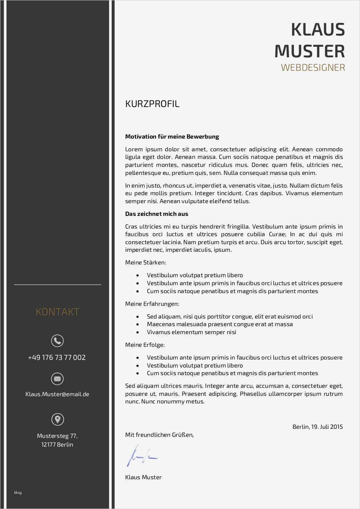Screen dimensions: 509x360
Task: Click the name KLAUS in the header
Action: pos(318,30)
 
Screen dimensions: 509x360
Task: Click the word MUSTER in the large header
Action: pos(310,51)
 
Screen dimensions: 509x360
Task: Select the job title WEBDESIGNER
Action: pos(313,67)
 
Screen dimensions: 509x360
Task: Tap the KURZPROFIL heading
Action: pos(152,104)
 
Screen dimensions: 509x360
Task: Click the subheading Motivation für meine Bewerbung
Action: pos(172,137)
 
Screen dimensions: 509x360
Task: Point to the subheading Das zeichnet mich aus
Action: pos(156,214)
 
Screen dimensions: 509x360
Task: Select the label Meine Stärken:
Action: pos(146,262)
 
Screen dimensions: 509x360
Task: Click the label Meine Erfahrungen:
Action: pos(152,304)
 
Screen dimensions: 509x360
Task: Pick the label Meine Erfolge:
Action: pos(145,345)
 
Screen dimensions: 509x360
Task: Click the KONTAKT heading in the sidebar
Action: pos(57,312)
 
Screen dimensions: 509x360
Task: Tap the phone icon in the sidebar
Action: pos(57,341)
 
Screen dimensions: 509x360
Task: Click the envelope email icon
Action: pos(57,379)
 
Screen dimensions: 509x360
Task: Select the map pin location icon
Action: pos(57,419)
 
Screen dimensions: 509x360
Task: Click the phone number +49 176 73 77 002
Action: pos(57,357)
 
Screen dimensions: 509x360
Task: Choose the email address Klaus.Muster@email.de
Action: pos(57,394)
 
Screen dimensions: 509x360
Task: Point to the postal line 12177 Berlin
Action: pos(57,444)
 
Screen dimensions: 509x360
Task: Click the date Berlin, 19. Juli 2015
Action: pos(318,427)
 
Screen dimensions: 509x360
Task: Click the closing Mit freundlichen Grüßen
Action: pos(159,435)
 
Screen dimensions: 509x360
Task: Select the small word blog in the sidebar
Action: pos(18,492)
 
